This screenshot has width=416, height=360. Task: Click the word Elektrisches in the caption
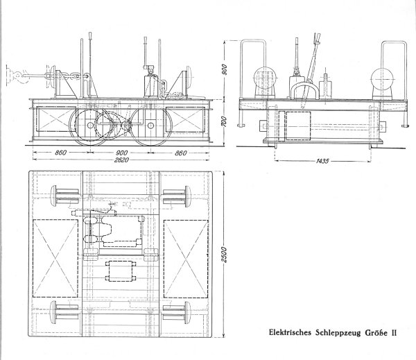pyautogui.click(x=291, y=332)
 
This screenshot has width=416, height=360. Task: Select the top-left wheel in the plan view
pyautogui.click(x=62, y=194)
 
